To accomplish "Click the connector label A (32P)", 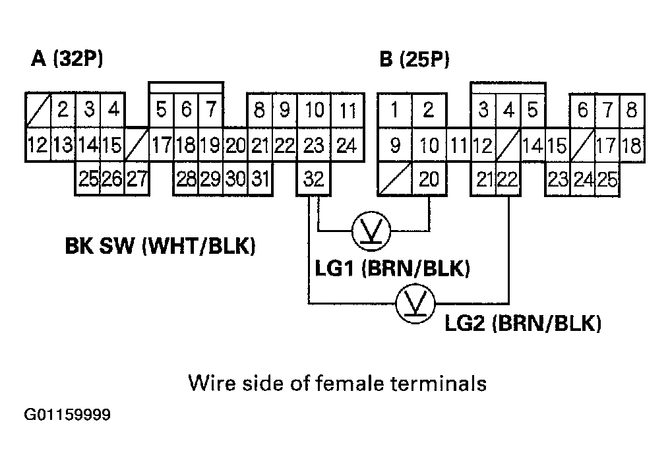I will point(67,59).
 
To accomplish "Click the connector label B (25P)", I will point(414,59).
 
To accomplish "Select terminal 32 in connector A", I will point(315,179).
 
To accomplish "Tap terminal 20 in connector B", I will point(429,179).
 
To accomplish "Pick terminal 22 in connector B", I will point(508,179).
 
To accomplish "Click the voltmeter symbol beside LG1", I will point(371,231).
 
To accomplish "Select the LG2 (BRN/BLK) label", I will point(523,324).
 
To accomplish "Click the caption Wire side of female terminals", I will point(337,383).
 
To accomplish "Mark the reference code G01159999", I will point(67,416).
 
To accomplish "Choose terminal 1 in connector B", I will point(394,109).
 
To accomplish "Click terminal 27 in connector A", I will point(137,179).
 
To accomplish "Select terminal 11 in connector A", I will point(347,109).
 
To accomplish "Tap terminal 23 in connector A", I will point(315,145).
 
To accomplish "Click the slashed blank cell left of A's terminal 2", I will point(37,109).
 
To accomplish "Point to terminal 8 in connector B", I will point(632,109).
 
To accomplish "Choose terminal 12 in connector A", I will point(37,145).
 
